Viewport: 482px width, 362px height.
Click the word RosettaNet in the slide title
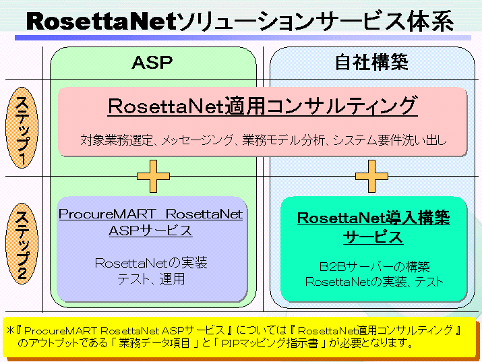[x=100, y=21]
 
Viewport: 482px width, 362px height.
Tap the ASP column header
[x=152, y=63]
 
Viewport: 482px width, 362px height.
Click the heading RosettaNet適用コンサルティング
[x=263, y=107]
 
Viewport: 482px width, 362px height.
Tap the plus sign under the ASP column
[x=153, y=177]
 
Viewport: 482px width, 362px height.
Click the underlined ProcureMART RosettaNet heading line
[x=150, y=214]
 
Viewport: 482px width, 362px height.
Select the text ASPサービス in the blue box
[x=150, y=231]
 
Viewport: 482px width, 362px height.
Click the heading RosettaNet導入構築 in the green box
[x=373, y=218]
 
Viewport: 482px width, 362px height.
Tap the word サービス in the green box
[x=373, y=237]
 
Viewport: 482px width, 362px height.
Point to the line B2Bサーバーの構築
[x=374, y=266]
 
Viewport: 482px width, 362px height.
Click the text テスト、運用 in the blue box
[x=151, y=278]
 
